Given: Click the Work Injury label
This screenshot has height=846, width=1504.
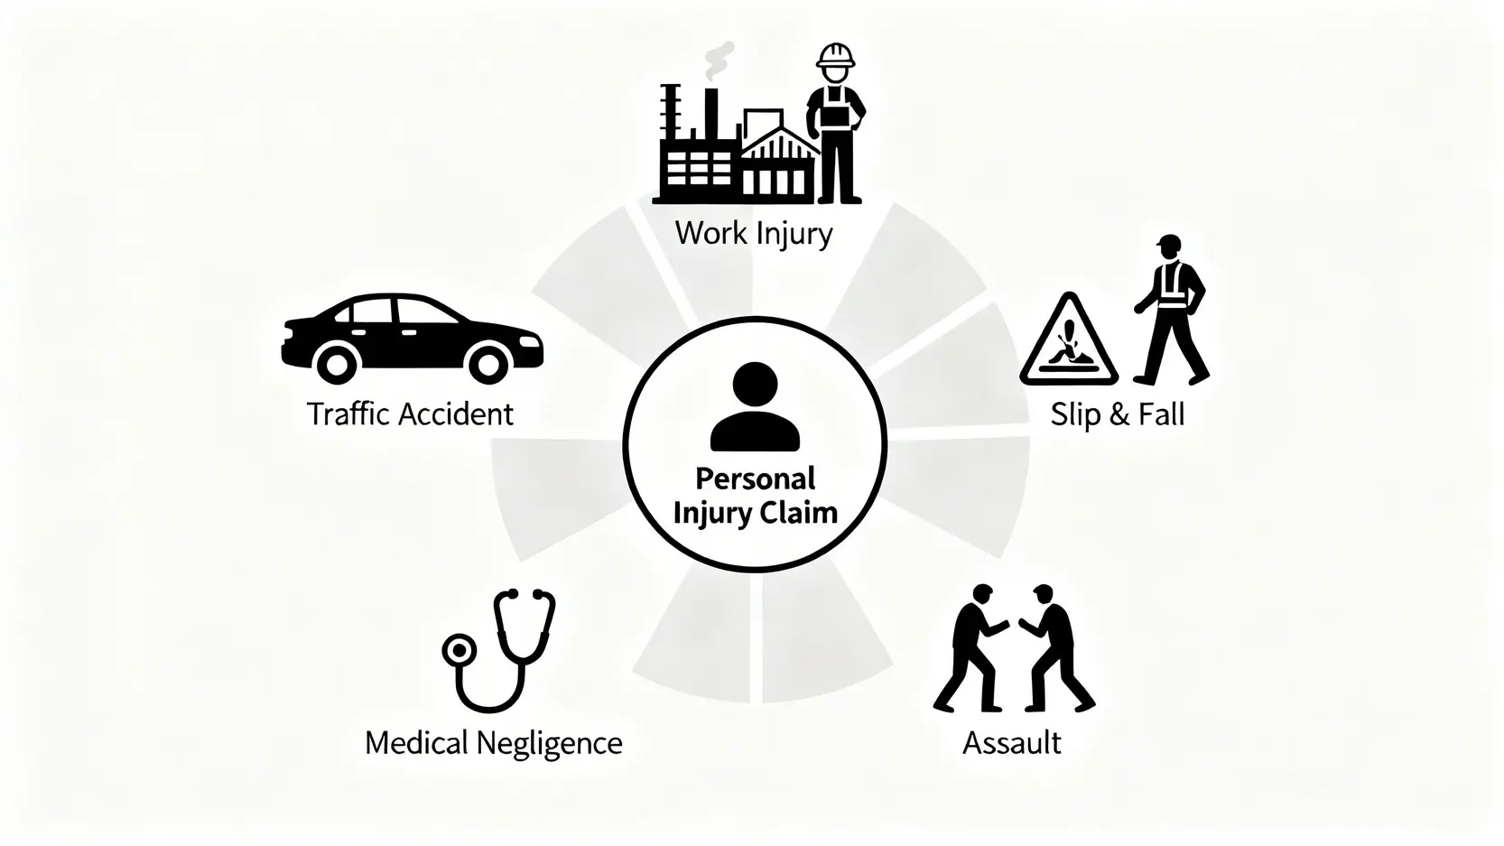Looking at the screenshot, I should click(753, 234).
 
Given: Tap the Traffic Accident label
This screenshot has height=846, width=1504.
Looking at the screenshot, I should click(410, 414).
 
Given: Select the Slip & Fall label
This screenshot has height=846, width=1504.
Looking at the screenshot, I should click(1117, 414).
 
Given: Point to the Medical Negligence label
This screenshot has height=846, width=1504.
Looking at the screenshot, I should click(493, 743).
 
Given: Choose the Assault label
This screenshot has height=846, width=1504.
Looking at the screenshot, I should click(1011, 743).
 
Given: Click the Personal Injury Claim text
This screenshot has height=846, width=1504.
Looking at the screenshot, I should click(755, 496).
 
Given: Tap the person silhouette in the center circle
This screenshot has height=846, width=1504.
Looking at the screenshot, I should click(755, 407).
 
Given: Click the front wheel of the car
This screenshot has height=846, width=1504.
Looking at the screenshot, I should click(487, 365).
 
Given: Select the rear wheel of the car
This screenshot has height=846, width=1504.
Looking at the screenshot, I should click(336, 365).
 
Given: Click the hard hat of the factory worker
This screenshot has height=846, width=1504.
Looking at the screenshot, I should click(835, 55).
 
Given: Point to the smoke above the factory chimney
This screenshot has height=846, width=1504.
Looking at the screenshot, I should click(720, 61).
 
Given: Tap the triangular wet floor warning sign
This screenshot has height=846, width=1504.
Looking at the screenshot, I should click(1069, 342).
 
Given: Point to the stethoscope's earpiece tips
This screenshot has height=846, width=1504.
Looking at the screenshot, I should click(527, 595).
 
